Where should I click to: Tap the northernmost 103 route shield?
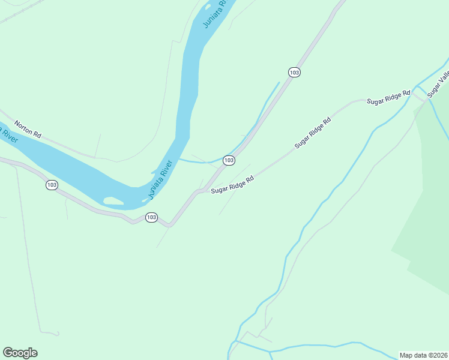pyautogui.click(x=294, y=72)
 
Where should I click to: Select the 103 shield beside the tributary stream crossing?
pyautogui.click(x=229, y=160)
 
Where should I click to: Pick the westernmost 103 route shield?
pyautogui.click(x=52, y=185)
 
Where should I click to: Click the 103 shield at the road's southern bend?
pyautogui.click(x=151, y=217)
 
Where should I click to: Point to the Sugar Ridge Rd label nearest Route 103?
pyautogui.click(x=232, y=184)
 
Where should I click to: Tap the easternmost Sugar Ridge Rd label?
pyautogui.click(x=388, y=98)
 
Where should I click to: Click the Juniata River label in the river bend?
pyautogui.click(x=160, y=179)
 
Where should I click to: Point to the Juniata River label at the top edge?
pyautogui.click(x=215, y=13)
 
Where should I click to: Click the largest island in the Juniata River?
pyautogui.click(x=113, y=200)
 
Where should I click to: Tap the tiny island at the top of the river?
pyautogui.click(x=208, y=7)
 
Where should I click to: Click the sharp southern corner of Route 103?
pyautogui.click(x=169, y=226)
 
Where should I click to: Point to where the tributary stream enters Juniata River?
pyautogui.click(x=179, y=160)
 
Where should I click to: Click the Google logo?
pyautogui.click(x=20, y=353)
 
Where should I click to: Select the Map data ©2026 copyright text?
pyautogui.click(x=423, y=355)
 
